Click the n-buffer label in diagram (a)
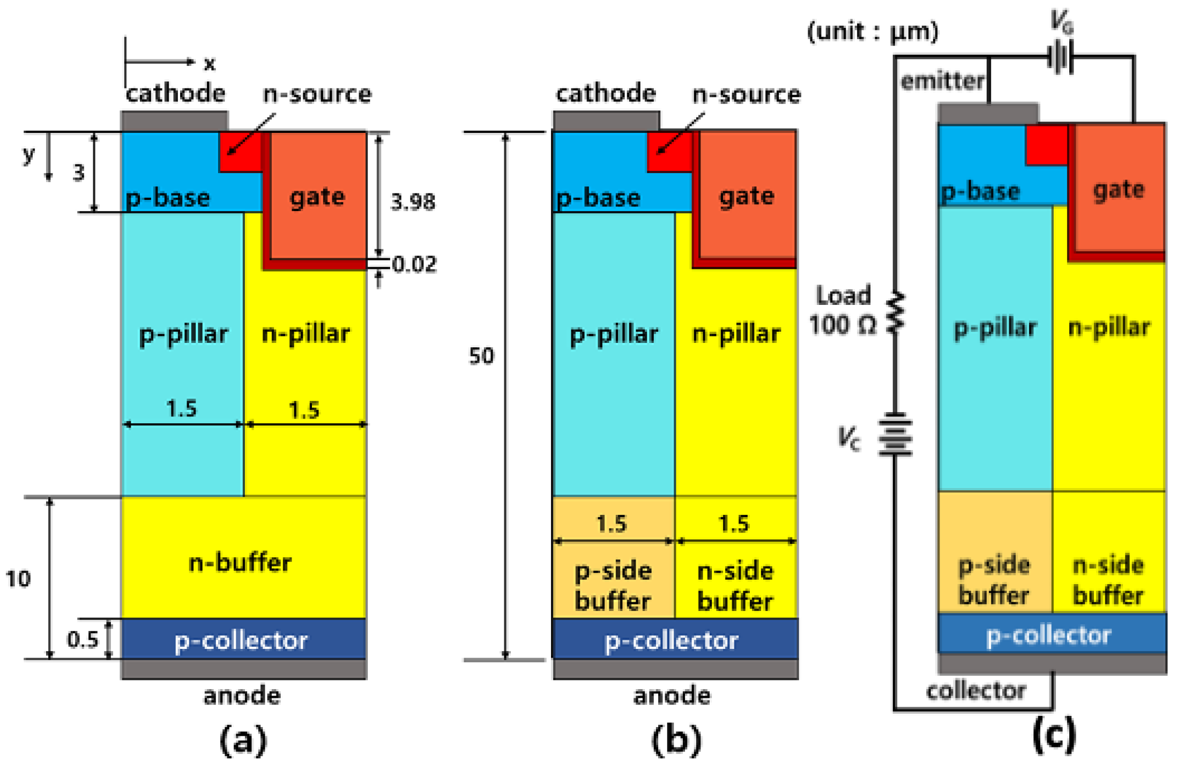click(240, 563)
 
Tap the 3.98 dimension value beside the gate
click(413, 202)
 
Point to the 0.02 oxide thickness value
click(414, 264)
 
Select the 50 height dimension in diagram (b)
click(481, 356)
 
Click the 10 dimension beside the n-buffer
click(18, 579)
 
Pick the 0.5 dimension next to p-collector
click(83, 639)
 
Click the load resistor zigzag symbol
click(895, 312)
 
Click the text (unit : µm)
click(873, 32)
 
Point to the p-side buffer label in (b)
click(613, 586)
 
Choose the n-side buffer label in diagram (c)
click(1108, 580)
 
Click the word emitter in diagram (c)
click(942, 81)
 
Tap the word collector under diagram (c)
click(976, 691)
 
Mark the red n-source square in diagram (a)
click(240, 152)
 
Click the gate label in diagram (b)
click(747, 196)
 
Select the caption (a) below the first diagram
click(243, 740)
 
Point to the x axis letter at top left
click(210, 64)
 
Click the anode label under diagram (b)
click(672, 696)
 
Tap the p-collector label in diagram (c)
click(1048, 635)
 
